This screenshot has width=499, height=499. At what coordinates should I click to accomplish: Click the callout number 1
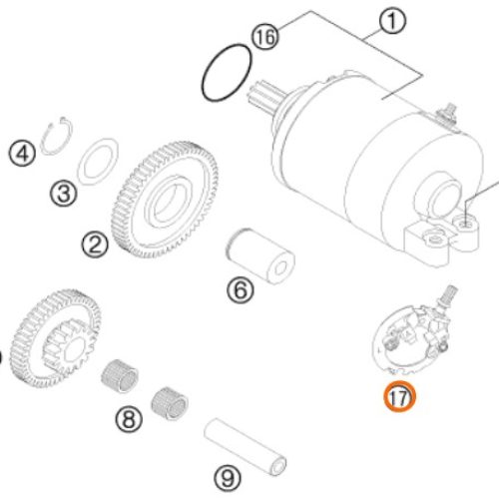(x=392, y=21)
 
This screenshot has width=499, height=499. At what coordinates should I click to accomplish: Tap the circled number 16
(x=265, y=37)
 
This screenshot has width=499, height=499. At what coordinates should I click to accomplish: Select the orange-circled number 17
(x=399, y=396)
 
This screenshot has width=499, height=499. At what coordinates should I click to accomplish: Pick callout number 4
(x=22, y=154)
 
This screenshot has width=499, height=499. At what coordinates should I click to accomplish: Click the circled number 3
(x=64, y=193)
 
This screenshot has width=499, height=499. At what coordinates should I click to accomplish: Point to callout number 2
(x=95, y=245)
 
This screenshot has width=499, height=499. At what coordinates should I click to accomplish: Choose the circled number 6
(x=241, y=289)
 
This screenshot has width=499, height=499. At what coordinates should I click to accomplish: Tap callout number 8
(x=129, y=419)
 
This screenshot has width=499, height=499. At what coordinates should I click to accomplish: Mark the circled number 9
(x=228, y=478)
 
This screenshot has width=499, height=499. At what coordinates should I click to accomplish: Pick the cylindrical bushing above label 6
(x=260, y=255)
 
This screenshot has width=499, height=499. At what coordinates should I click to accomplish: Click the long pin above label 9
(x=246, y=447)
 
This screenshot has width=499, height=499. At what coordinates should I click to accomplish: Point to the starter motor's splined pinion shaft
(x=264, y=94)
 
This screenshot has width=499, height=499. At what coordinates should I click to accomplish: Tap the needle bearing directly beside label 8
(x=170, y=403)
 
